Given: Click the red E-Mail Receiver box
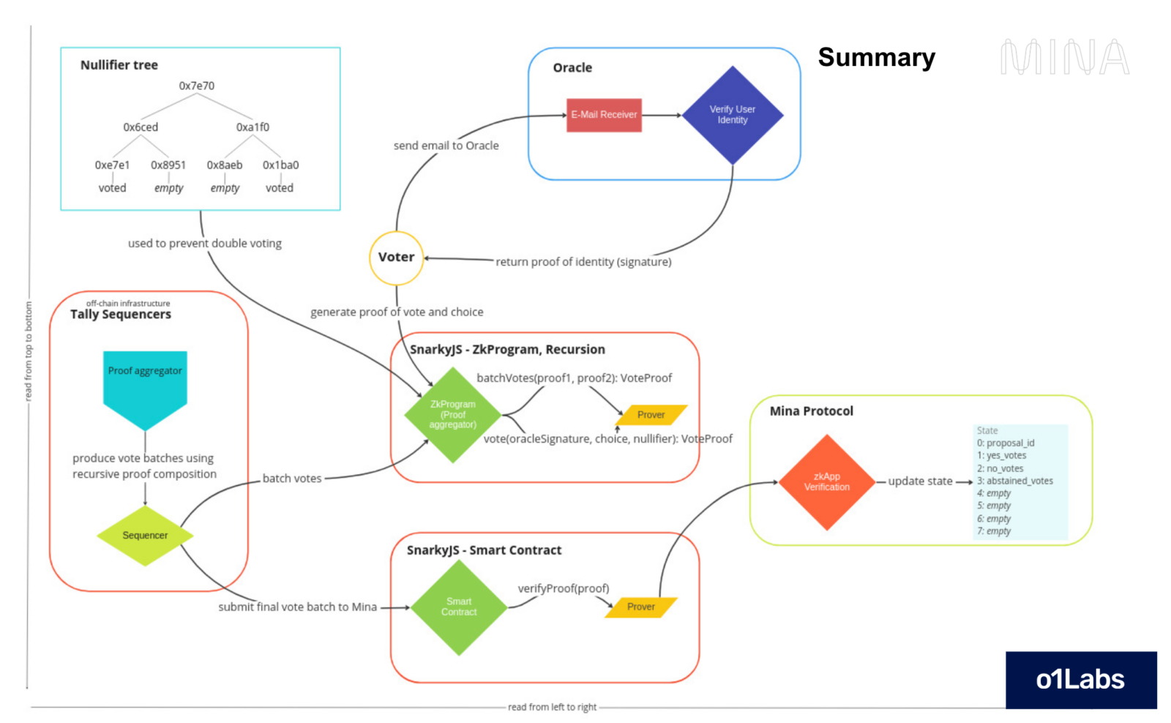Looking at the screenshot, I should (604, 115).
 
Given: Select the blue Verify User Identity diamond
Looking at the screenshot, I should (732, 115).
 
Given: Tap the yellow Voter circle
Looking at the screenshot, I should (396, 258).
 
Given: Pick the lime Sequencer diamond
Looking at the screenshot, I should (145, 536).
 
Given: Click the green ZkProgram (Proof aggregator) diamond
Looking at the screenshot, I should (453, 415).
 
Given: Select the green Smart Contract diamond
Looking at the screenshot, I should (459, 607).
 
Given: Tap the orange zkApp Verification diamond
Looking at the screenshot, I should (827, 482).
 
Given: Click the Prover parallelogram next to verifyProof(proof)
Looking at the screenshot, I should (641, 607).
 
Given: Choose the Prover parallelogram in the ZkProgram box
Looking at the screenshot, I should (651, 415).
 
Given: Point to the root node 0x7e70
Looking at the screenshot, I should (197, 86).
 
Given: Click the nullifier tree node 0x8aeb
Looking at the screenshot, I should (225, 165).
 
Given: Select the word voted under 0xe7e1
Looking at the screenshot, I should (112, 188).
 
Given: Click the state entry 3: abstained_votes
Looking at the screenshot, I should (1015, 481).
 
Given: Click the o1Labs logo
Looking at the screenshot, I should (1080, 680).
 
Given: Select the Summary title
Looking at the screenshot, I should (876, 57).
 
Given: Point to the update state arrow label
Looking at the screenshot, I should (920, 481).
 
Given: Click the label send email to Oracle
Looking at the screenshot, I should (446, 146).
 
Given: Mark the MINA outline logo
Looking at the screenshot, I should (1065, 57).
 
